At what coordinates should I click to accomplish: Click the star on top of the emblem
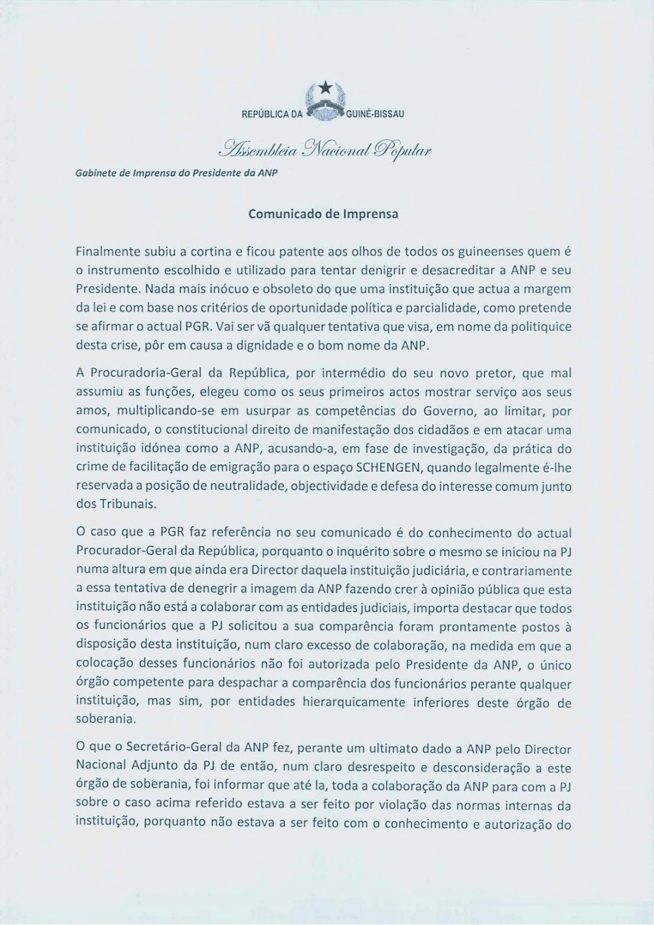pyautogui.click(x=326, y=87)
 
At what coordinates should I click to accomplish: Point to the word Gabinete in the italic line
pyautogui.click(x=95, y=173)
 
